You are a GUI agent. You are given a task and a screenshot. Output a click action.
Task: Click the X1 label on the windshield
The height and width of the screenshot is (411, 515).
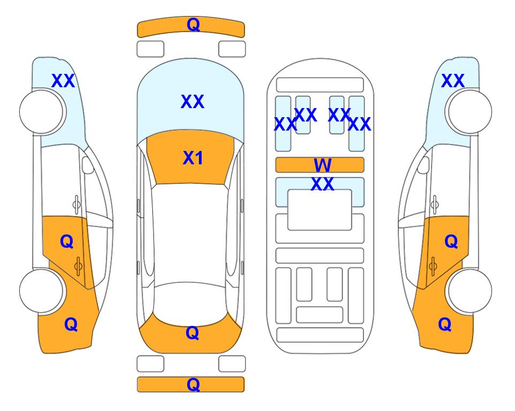coord(193,158)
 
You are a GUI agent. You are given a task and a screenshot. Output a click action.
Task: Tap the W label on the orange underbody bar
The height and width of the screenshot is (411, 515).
coord(322,165)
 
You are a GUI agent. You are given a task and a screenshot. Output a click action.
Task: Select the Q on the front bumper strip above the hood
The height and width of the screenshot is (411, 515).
coord(193,24)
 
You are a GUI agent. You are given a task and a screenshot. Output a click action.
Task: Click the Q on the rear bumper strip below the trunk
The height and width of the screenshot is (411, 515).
coord(193,384)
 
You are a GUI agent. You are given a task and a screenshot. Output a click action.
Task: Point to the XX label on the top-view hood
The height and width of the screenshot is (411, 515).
coord(193,101)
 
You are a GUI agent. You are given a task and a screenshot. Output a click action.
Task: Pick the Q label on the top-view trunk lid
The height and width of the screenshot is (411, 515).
coord(192,333)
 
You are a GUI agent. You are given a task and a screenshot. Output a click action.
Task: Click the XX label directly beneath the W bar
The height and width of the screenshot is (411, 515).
coord(322,184)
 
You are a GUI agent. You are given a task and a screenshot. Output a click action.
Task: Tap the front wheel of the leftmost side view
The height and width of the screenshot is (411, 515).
coord(41,112)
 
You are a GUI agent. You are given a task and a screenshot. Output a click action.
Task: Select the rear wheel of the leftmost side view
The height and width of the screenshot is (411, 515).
coord(41,291)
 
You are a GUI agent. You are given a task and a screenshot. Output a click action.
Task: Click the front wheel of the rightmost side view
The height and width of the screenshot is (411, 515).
coord(470,112)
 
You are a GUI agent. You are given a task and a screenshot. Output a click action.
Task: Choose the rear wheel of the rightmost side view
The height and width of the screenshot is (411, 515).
coord(470,291)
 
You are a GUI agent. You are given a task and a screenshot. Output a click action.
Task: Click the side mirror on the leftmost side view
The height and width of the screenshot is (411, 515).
coord(88,165)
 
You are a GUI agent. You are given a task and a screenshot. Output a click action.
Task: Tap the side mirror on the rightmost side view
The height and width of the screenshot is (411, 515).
coord(424,165)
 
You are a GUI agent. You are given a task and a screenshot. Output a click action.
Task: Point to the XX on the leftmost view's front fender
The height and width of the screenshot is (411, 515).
coord(63,81)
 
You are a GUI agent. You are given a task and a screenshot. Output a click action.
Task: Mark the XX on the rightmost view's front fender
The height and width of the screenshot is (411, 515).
coord(452,81)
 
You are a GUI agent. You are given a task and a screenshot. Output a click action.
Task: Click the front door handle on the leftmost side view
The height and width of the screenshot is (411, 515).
coord(76,204)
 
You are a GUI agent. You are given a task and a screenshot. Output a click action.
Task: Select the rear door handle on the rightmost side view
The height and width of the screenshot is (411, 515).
coord(433,266)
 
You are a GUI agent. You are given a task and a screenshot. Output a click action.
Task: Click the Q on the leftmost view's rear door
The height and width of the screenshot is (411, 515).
coord(67,242)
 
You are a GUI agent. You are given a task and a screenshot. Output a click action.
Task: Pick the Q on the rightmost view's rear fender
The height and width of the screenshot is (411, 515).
coord(445,324)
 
